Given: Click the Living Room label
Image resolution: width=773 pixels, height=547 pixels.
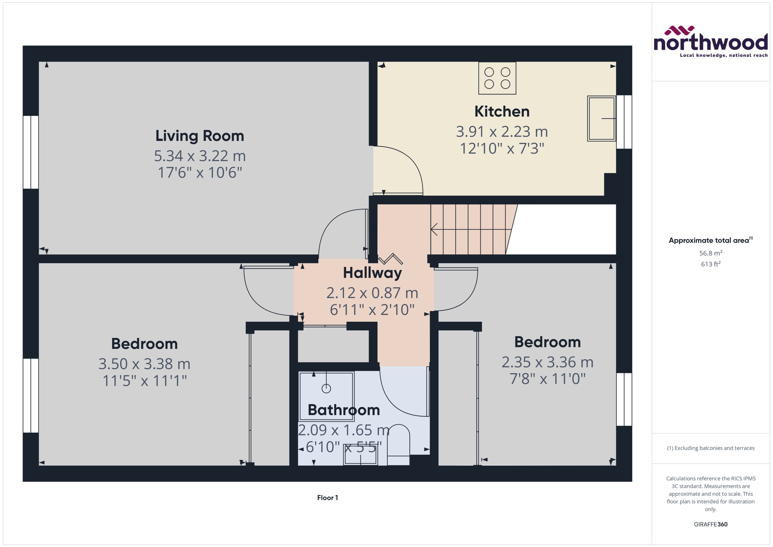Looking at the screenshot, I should click(199, 136).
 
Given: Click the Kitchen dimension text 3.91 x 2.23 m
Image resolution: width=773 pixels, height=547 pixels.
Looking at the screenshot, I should click(502, 132).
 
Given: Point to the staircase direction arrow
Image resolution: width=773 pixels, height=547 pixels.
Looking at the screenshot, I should click(434, 229).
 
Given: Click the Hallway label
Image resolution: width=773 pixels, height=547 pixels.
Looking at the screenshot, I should click(372, 273).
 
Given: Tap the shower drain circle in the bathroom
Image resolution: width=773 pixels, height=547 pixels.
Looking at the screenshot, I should click(326, 388).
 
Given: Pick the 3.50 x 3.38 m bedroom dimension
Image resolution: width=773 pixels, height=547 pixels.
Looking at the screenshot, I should click(144, 364).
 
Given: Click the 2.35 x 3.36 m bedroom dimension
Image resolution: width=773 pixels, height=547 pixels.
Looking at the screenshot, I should click(547, 362).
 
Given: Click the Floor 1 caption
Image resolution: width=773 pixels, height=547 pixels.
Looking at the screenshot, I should click(327, 498).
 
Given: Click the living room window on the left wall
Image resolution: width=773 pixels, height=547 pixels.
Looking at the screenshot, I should click(31, 152).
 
